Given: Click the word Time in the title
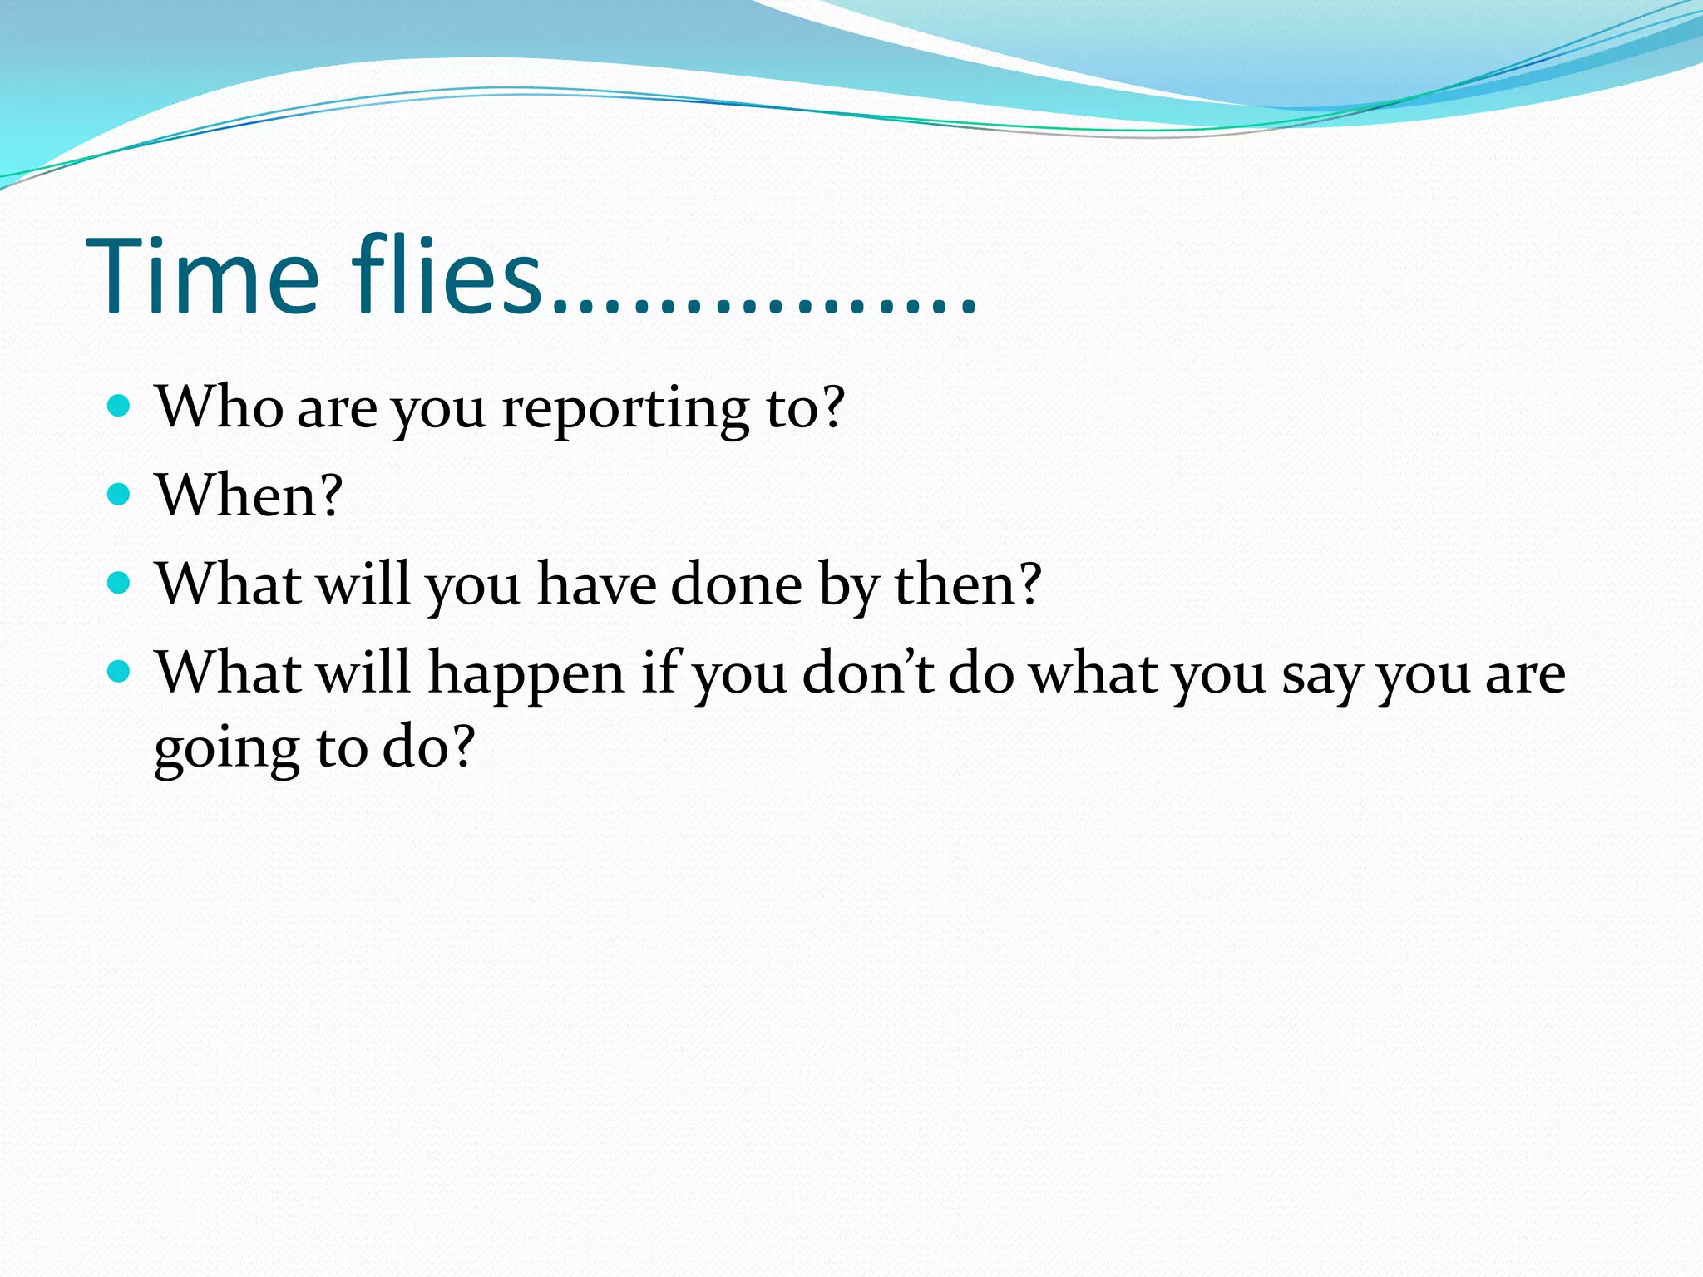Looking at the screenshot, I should point(202,276).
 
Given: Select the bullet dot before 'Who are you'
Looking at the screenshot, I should point(120,406).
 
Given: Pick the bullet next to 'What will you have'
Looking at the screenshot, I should point(120,583).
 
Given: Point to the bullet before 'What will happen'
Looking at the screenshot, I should point(120,671).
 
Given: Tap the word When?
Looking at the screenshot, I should point(249,496).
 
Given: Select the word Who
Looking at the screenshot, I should point(220,407).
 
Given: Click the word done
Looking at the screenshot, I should point(736,584).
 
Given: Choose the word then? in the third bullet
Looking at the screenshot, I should point(967,584).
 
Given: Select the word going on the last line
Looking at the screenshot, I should point(226,748).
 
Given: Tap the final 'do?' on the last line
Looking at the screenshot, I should point(428,746).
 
